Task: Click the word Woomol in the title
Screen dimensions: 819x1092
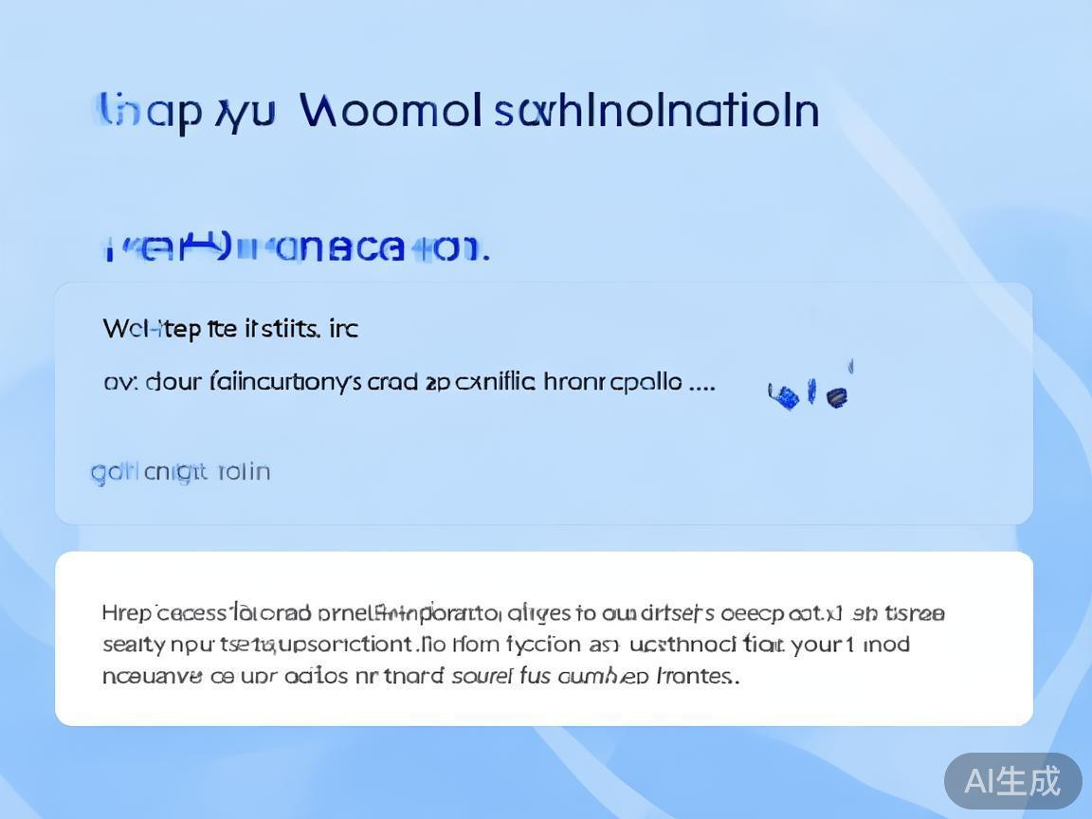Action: pyautogui.click(x=391, y=112)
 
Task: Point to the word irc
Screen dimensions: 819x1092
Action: pyautogui.click(x=344, y=329)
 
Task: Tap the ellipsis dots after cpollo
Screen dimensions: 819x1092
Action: pyautogui.click(x=702, y=385)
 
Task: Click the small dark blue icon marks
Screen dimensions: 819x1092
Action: pyautogui.click(x=809, y=392)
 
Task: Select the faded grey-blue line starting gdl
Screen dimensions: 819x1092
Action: pyautogui.click(x=180, y=471)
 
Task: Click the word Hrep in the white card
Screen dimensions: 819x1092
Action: pyautogui.click(x=126, y=613)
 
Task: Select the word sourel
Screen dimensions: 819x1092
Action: pyautogui.click(x=482, y=676)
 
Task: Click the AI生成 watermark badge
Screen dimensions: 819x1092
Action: pyautogui.click(x=1012, y=781)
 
